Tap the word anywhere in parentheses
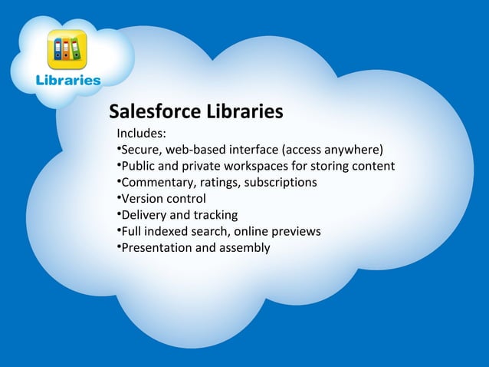coord(350,150)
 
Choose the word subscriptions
coord(279,183)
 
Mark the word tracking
coord(215,215)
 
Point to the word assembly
coord(244,248)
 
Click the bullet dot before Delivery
coord(119,214)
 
